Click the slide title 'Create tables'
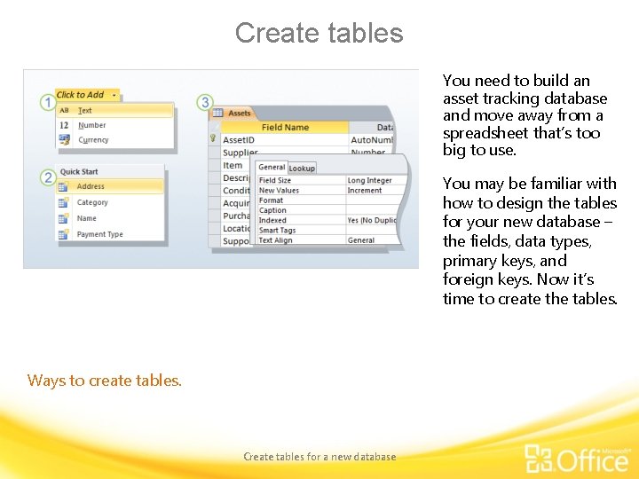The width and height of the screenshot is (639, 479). point(319,34)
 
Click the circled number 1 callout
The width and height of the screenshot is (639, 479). point(47,103)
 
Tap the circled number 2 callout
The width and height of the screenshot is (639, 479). point(47,178)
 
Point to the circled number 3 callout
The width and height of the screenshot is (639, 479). point(205,103)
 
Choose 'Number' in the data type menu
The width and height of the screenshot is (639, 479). point(91,126)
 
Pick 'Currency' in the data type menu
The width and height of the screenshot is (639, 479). point(93,140)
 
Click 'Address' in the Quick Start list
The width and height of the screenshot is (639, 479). point(91,187)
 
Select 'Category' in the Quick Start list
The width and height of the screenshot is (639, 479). point(92,203)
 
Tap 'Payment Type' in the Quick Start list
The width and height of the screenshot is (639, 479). point(99,235)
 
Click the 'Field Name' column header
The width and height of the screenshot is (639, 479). point(285,128)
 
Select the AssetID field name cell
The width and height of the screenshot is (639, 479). point(238,140)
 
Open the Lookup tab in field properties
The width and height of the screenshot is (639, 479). point(302,169)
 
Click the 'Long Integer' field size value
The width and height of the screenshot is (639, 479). point(369,181)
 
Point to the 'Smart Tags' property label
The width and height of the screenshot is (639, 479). point(277,231)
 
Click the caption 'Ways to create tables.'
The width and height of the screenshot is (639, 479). point(105,381)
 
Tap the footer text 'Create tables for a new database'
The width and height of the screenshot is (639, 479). point(319,457)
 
